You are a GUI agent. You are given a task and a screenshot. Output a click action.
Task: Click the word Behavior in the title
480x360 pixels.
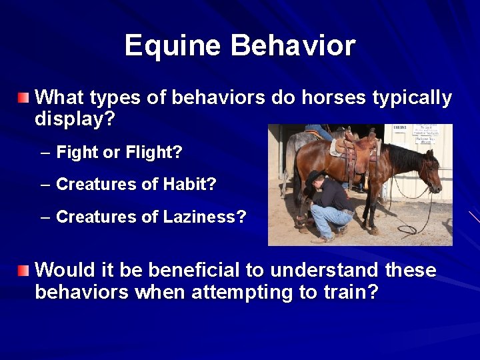coord(293,46)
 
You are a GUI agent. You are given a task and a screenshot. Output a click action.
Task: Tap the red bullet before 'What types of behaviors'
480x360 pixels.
coord(24,99)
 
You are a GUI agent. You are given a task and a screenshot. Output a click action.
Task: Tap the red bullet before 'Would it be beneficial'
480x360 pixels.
coord(24,271)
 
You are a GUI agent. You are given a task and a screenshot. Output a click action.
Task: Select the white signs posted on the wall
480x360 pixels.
coord(424,133)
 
